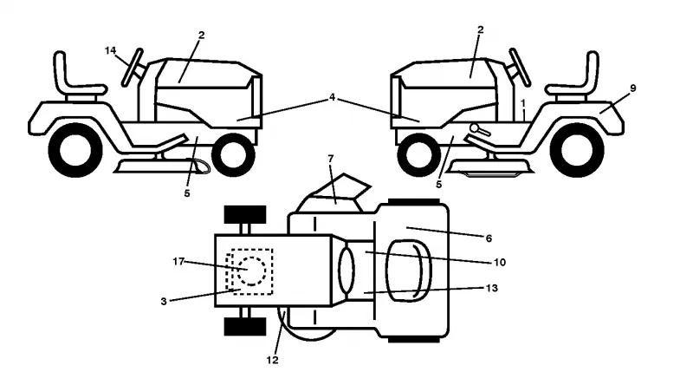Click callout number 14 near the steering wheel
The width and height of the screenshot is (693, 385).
click(x=111, y=51)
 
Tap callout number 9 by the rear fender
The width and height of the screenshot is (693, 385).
click(x=633, y=88)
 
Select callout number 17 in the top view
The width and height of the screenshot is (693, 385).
click(x=178, y=262)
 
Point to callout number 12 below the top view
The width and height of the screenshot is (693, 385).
click(x=273, y=360)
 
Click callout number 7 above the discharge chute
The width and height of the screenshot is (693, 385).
click(x=331, y=158)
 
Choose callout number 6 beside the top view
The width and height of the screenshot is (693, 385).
click(x=489, y=238)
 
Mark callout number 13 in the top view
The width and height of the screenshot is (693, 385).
click(x=492, y=288)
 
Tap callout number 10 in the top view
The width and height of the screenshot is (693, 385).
click(x=500, y=263)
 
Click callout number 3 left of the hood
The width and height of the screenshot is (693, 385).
click(x=164, y=302)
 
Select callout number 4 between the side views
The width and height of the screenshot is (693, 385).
click(x=333, y=97)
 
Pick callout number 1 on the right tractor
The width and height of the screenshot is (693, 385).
click(x=523, y=103)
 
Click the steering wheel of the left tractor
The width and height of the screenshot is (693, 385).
click(x=133, y=68)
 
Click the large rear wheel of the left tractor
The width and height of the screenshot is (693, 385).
click(x=75, y=151)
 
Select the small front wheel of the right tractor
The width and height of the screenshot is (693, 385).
click(x=419, y=154)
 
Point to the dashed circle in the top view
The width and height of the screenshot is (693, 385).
click(x=251, y=271)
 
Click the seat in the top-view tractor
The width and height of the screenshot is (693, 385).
click(x=408, y=271)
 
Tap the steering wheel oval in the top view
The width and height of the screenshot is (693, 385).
click(x=346, y=271)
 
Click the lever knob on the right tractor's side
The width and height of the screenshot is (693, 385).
click(x=475, y=128)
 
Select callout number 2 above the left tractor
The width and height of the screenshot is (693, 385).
click(x=202, y=36)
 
